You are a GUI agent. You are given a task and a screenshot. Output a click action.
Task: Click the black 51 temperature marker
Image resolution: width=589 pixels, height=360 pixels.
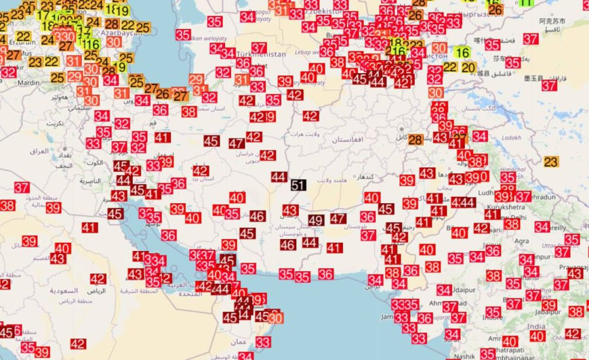click(x=298, y=185)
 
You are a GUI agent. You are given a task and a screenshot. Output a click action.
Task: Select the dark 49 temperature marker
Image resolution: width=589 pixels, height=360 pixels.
click(x=316, y=220)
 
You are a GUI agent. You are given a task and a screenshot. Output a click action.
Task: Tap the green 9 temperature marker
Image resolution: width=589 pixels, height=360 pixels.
click(x=122, y=67)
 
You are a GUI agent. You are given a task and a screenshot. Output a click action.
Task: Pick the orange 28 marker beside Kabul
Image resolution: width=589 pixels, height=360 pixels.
click(x=415, y=140)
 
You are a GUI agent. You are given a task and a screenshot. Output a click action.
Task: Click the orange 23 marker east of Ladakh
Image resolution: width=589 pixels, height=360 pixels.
click(x=551, y=161)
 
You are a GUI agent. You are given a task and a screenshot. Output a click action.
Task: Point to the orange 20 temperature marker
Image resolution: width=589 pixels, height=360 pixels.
click(x=468, y=68)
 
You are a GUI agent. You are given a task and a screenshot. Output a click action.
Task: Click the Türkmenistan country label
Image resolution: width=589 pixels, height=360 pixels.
click(x=262, y=54)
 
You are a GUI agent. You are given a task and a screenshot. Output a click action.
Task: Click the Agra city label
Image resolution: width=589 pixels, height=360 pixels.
click(x=521, y=241)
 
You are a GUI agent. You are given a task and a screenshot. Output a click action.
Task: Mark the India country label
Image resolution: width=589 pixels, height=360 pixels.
click(x=536, y=326)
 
